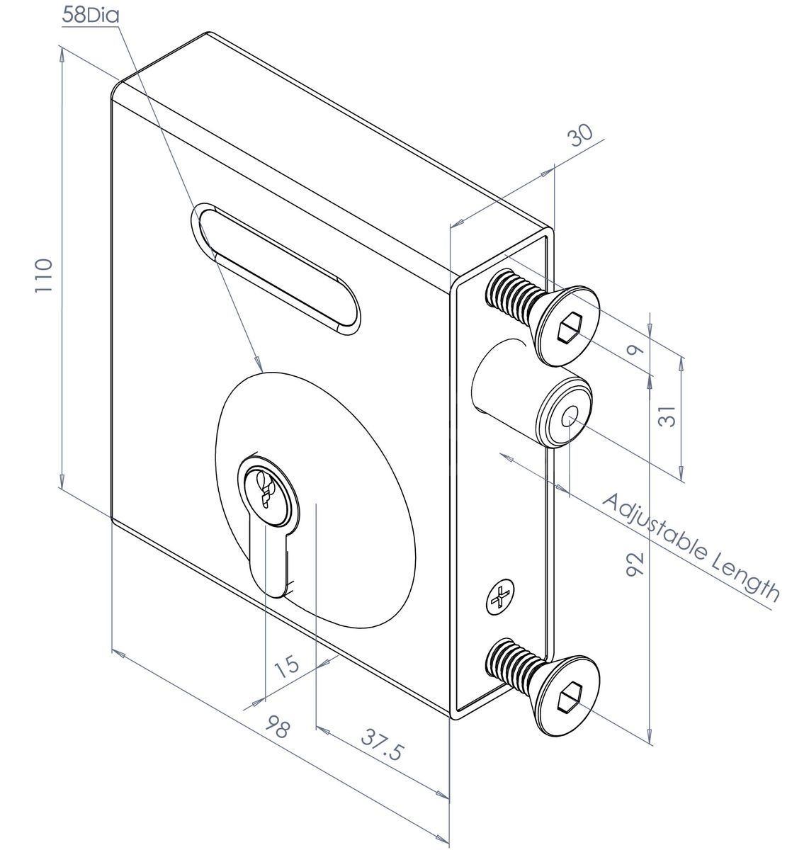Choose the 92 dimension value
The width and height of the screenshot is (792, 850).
tap(634, 567)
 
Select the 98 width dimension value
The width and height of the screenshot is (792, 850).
tap(278, 728)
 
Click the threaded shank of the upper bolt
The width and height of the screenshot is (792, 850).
tap(510, 297)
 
